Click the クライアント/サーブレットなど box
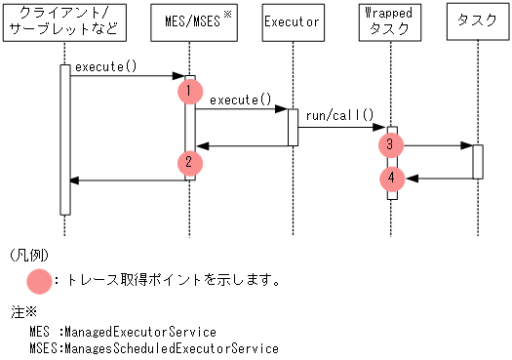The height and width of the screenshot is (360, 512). (x=64, y=21)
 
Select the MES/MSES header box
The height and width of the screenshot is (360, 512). (x=191, y=21)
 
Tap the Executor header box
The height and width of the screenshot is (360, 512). (x=292, y=21)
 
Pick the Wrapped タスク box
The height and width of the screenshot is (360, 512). (x=390, y=21)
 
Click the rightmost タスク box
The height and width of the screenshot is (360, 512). (x=477, y=21)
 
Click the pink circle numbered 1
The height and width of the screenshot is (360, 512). (x=190, y=91)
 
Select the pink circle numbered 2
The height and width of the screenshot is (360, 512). (x=190, y=163)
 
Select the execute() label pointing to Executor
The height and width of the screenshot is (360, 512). (x=240, y=100)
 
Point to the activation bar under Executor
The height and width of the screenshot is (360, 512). (x=292, y=127)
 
